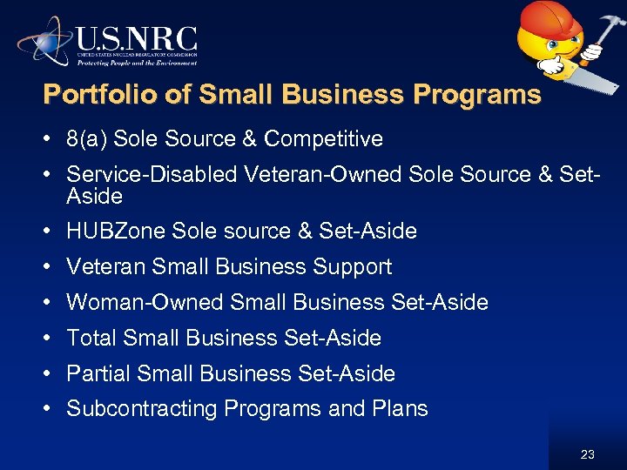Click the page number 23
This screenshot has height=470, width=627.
point(588,454)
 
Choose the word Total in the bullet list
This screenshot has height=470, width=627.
point(92,338)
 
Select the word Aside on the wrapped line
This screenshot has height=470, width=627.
point(94,196)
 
